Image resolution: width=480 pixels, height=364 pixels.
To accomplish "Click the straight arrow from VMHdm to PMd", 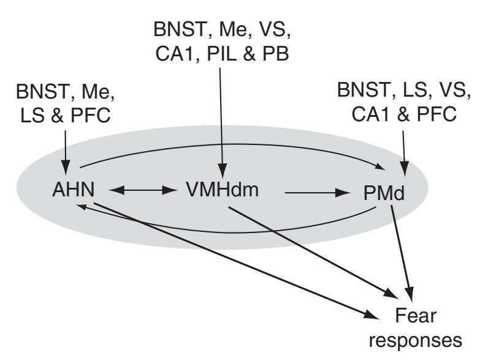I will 313,194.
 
